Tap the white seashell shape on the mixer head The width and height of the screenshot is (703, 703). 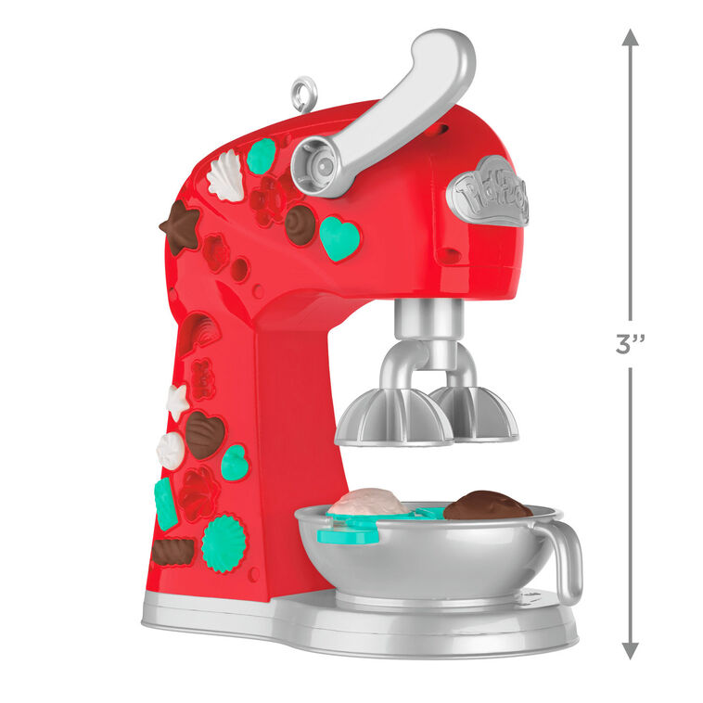coord(225,175)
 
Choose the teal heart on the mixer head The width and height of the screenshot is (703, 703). coord(339,237)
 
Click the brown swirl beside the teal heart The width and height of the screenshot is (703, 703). coord(300,224)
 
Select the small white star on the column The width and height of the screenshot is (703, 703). coord(177,402)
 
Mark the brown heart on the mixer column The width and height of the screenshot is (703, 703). coord(205,434)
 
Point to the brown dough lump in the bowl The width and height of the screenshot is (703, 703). coord(487,506)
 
